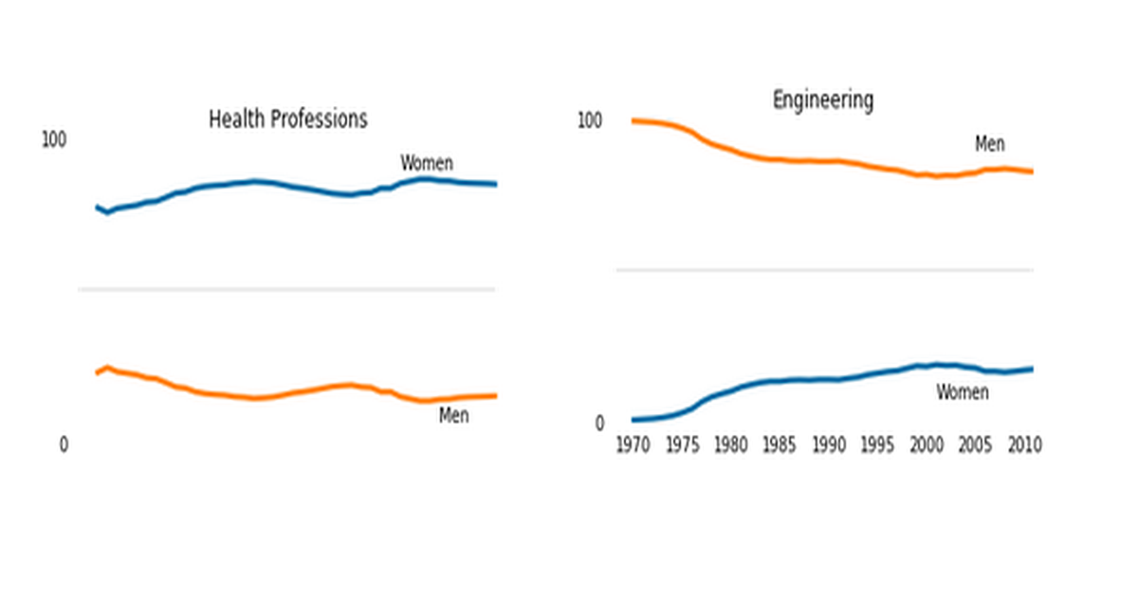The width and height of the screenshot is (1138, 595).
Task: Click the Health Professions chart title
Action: [x=287, y=119]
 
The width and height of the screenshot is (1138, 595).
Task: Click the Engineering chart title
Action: [x=823, y=100]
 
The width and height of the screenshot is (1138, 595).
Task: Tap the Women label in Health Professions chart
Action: [x=427, y=163]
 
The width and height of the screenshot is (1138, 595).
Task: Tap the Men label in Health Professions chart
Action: [x=453, y=416]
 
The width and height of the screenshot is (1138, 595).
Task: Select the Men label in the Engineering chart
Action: [x=990, y=144]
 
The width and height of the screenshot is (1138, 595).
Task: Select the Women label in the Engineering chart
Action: [x=963, y=392]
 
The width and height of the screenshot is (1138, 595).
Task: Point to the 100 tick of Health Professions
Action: [x=54, y=140]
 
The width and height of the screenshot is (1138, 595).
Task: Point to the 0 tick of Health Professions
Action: [x=64, y=444]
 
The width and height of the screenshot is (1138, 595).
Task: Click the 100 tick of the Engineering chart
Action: [x=590, y=121]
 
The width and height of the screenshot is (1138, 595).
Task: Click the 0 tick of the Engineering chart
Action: [x=599, y=424]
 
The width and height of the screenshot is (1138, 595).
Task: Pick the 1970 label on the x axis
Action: [x=633, y=444]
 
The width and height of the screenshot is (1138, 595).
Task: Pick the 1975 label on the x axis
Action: [x=682, y=444]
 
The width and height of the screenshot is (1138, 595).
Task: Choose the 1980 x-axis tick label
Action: [x=730, y=444]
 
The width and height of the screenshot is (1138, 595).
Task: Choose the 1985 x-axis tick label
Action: [x=780, y=444]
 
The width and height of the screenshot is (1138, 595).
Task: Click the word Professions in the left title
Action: [x=319, y=119]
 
